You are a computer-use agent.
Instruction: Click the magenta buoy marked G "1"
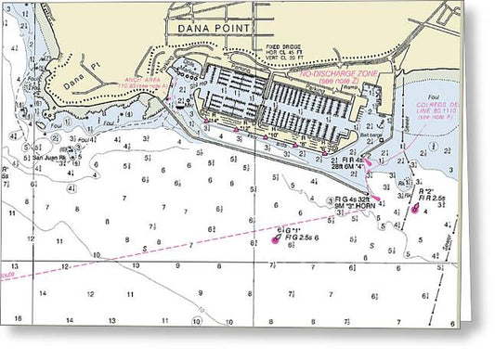276,238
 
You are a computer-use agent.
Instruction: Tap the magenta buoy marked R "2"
413,209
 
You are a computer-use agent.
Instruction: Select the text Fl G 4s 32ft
356,199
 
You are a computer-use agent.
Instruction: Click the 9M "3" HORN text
355,207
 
